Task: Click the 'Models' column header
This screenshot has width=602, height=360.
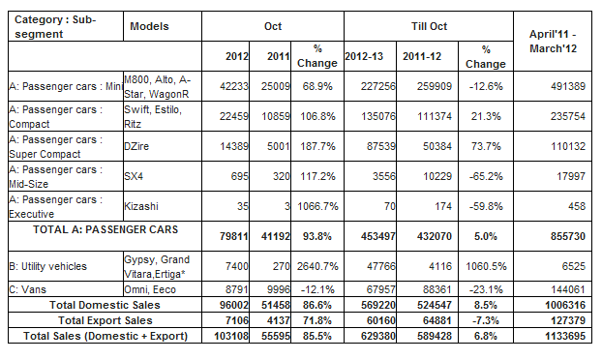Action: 149,26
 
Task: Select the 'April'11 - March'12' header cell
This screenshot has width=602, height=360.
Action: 553,41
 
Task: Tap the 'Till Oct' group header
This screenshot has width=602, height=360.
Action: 429,26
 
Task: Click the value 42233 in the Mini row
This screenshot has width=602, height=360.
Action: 234,86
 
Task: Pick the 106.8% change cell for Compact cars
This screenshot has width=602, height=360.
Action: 317,116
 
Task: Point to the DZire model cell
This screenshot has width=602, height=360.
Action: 136,146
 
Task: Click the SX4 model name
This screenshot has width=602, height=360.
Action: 134,176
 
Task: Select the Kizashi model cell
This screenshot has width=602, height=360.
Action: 141,206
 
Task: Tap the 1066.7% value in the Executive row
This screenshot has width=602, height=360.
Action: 317,206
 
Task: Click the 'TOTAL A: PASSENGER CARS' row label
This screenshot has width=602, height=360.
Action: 105,229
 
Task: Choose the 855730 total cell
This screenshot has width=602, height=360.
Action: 568,236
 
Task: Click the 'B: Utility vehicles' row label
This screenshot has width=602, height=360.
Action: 48,266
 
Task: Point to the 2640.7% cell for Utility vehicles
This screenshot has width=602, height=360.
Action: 317,266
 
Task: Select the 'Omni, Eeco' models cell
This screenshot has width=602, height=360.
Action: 150,289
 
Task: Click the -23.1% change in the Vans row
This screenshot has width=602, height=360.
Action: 486,289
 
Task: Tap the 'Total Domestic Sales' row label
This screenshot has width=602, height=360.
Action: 105,305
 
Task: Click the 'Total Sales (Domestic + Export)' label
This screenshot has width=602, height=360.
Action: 105,336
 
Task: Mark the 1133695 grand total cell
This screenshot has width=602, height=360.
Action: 565,336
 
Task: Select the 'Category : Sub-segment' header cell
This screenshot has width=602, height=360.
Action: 55,26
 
